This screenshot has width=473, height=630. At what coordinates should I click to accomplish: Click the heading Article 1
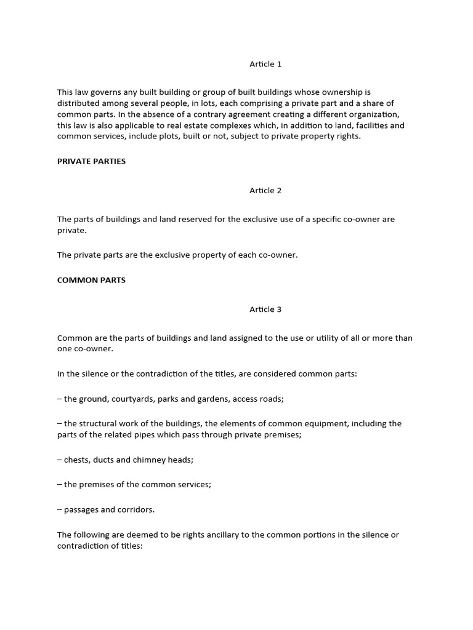[265, 64]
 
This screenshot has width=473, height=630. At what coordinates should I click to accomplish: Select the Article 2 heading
[265, 191]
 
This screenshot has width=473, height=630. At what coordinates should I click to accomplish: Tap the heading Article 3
[265, 309]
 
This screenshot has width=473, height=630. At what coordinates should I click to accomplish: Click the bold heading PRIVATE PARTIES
[91, 161]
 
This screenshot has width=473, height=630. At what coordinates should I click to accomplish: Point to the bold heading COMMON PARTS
[91, 280]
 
